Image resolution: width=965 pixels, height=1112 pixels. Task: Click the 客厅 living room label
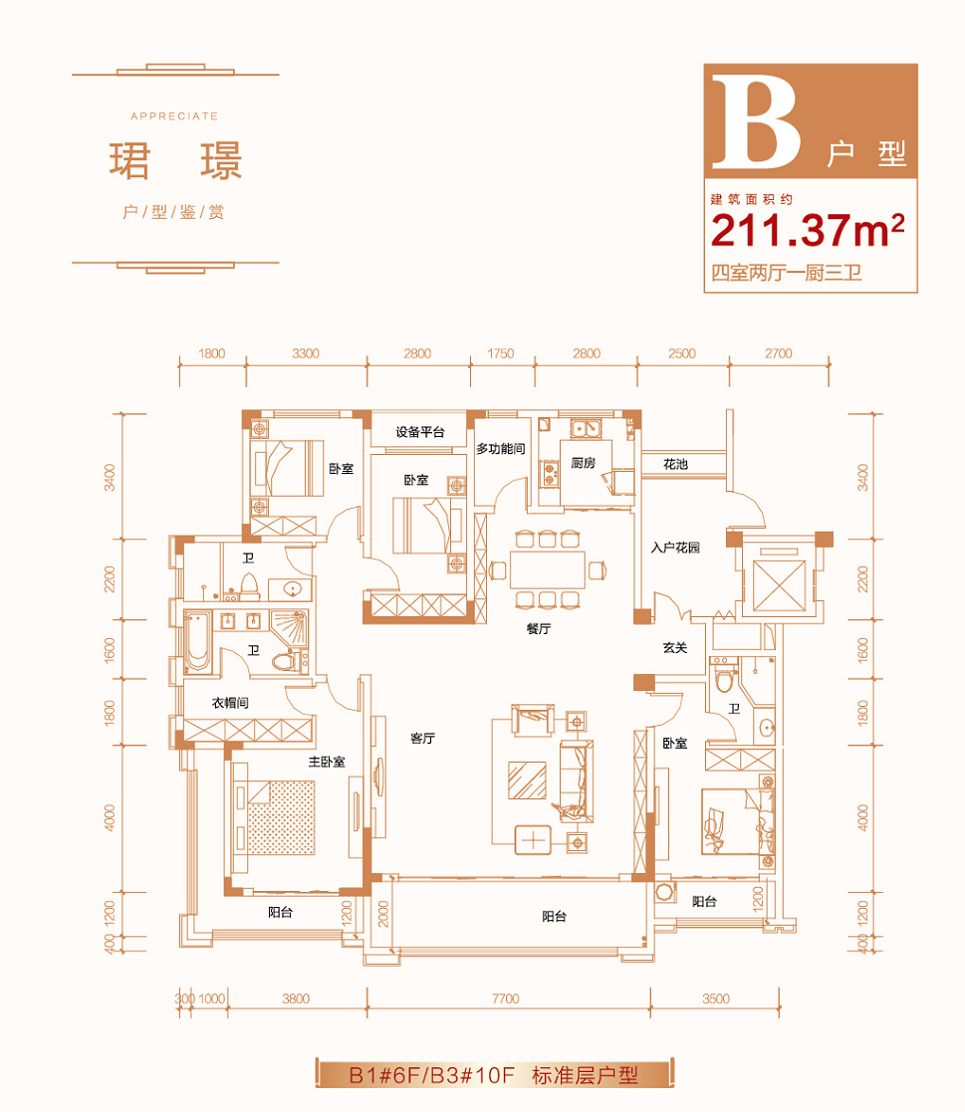[x=423, y=739]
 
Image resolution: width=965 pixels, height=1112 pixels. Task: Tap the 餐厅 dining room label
[x=539, y=628]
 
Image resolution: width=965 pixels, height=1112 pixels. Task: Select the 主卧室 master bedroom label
[x=327, y=762]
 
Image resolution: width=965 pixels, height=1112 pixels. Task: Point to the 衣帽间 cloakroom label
[x=230, y=703]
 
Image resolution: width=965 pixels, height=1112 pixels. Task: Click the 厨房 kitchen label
[x=583, y=463]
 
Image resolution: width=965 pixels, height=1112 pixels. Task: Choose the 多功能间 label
[x=500, y=448]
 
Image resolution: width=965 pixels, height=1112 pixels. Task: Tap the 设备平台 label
[x=420, y=431]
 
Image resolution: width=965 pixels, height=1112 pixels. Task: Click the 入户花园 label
[x=675, y=547]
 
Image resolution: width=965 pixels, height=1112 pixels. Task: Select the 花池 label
[x=675, y=464]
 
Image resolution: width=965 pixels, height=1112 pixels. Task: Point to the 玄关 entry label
[x=675, y=647]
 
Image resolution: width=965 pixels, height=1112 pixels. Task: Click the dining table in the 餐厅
[x=547, y=569]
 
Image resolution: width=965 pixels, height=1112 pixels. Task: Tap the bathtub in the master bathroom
[x=198, y=642]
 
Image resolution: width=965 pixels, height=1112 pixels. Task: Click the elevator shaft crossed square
[x=779, y=585]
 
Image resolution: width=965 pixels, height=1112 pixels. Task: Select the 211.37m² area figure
[x=808, y=231]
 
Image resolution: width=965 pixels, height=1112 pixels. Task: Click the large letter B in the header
[x=757, y=122]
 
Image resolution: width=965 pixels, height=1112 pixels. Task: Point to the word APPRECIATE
[x=174, y=116]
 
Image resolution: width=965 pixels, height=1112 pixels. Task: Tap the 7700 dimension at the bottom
[x=505, y=999]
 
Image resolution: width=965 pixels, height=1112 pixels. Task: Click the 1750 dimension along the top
[x=500, y=353]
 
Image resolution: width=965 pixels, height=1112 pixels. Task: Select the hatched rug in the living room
[x=527, y=780]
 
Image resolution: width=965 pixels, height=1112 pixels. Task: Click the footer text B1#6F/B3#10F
[x=431, y=1075]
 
